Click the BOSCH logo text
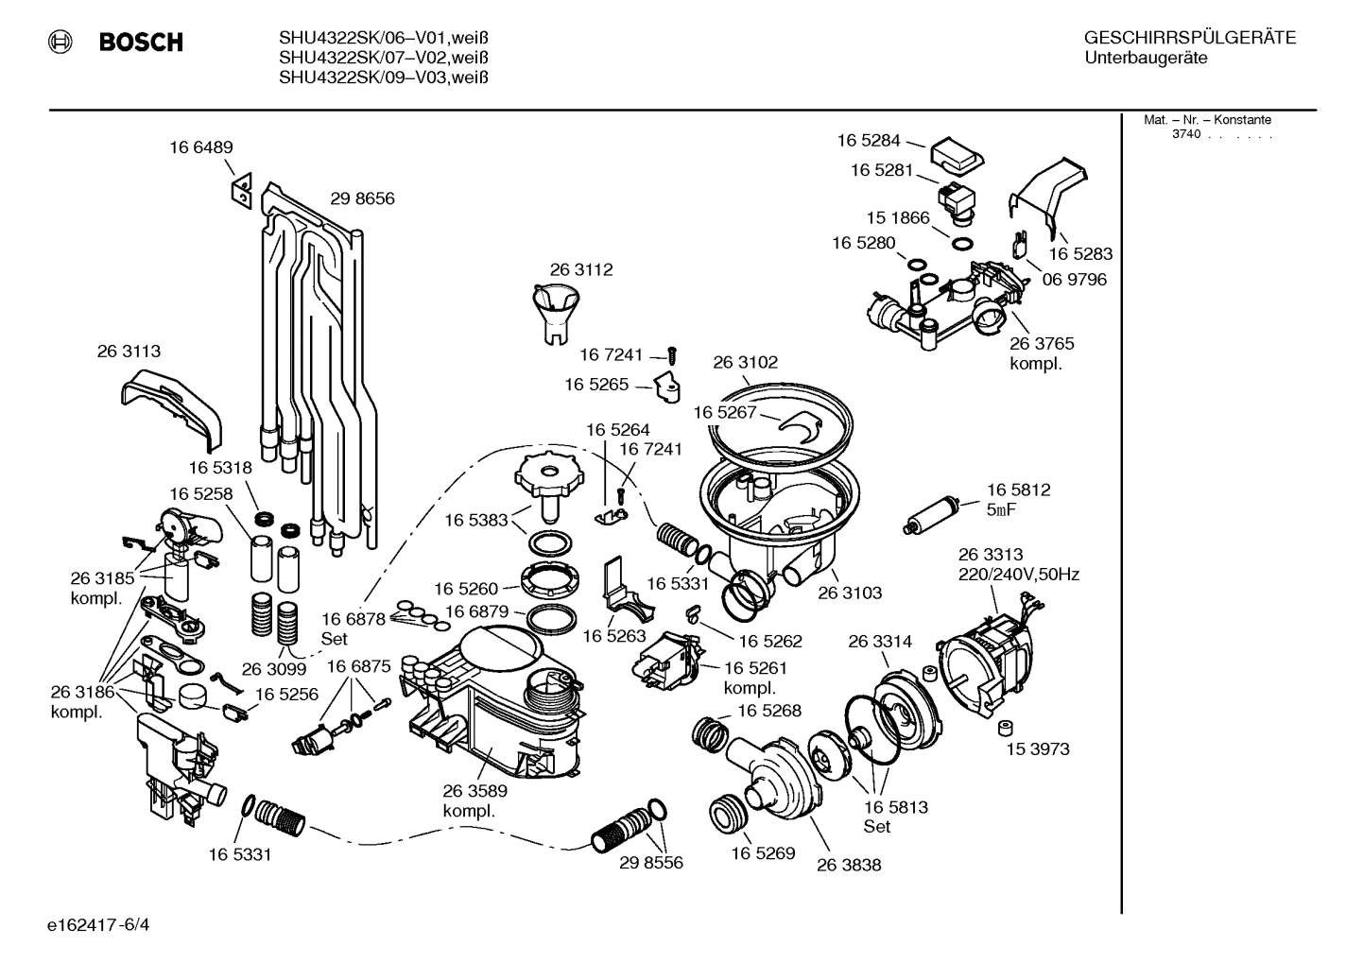[x=141, y=43]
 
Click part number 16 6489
[x=201, y=147]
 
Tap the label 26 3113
[x=129, y=352]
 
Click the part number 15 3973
[x=1038, y=749]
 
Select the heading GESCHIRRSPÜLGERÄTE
[x=1189, y=38]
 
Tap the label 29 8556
[x=651, y=863]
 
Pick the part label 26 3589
[x=474, y=791]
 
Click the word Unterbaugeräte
[x=1146, y=59]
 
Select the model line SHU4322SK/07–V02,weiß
[x=383, y=59]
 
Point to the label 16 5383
[x=476, y=520]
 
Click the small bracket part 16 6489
[x=240, y=189]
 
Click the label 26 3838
[x=849, y=865]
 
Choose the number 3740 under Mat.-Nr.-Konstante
[x=1185, y=134]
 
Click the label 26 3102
[x=745, y=363]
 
